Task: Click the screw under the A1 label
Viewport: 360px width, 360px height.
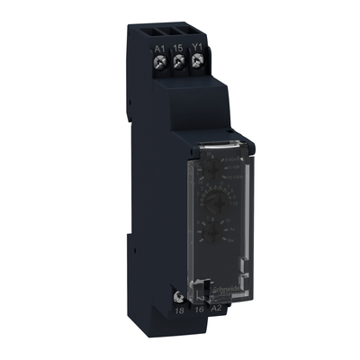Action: tap(159, 63)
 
